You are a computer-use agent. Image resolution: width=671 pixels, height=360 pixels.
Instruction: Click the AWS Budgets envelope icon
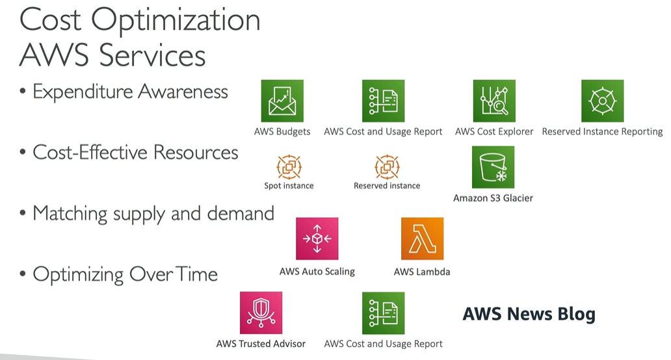click(282, 101)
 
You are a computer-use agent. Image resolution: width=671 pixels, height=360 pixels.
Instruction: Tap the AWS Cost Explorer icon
click(494, 101)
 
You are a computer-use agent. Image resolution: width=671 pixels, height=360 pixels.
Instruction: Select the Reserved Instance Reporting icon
click(602, 101)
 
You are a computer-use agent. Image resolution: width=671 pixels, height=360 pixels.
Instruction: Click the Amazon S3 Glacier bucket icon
click(493, 167)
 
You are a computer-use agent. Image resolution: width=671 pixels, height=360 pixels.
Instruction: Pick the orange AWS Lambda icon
click(422, 238)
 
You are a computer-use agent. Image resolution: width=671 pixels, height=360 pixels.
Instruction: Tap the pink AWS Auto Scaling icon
click(317, 238)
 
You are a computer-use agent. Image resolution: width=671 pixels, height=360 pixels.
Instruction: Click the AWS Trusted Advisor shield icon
click(261, 313)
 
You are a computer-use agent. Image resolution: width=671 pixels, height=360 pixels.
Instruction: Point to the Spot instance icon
click(289, 167)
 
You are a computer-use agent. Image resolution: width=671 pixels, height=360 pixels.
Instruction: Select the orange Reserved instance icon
click(387, 167)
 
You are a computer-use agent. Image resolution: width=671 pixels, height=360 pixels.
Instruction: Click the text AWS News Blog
click(529, 315)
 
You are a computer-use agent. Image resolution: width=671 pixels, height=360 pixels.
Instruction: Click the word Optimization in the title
click(176, 20)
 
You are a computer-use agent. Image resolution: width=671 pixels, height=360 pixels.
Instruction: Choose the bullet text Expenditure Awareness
click(130, 92)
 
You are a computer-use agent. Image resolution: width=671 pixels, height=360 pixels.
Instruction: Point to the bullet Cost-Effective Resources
click(135, 153)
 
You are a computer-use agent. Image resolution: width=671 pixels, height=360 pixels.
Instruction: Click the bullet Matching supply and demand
click(153, 213)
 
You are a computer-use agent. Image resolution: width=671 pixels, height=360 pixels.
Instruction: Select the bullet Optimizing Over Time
click(125, 274)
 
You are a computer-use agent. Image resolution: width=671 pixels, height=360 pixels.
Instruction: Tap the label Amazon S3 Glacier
click(493, 198)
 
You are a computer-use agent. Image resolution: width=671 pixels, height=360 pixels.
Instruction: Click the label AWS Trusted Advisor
click(261, 344)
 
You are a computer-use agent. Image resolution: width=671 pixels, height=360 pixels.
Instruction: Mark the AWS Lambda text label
click(422, 272)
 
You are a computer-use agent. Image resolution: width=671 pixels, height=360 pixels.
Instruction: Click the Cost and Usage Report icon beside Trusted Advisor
click(383, 313)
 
